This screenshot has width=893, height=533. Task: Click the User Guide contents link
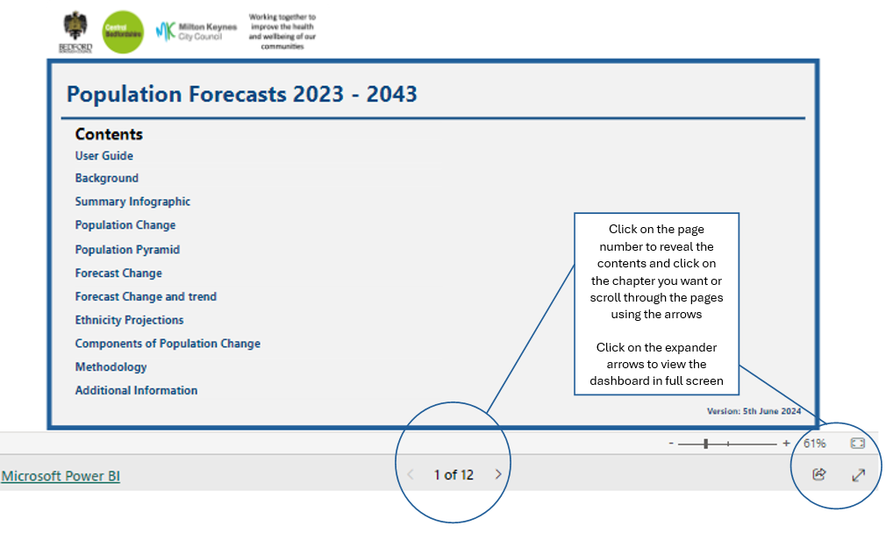click(104, 156)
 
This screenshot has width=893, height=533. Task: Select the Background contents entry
click(107, 178)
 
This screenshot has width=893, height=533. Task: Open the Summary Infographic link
click(132, 202)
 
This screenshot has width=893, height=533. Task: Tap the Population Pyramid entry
click(127, 250)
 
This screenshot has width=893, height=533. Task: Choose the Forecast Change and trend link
click(146, 296)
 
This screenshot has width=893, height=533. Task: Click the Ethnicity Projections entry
click(130, 320)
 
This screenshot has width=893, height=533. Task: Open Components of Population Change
click(168, 344)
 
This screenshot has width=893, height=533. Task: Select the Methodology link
click(111, 366)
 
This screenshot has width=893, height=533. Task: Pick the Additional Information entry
click(136, 390)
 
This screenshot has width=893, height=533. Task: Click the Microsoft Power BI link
click(61, 476)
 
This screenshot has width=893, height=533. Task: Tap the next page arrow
click(498, 474)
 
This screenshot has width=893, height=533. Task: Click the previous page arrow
click(410, 474)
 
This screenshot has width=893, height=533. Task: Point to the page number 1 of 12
click(454, 474)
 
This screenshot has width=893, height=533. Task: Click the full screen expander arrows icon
click(858, 474)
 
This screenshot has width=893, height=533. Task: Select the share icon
click(819, 474)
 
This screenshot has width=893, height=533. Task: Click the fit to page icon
click(857, 444)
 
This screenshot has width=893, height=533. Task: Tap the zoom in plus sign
click(786, 444)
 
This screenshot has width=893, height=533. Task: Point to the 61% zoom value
click(814, 444)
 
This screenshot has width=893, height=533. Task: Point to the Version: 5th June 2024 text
click(754, 410)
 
